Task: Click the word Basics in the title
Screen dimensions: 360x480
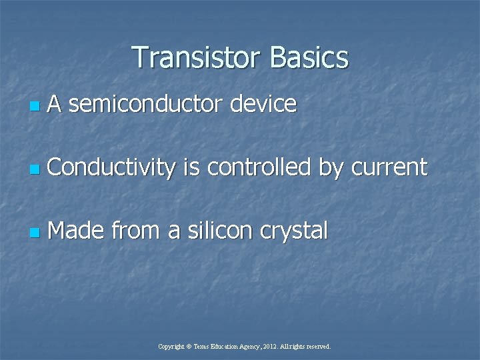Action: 309,57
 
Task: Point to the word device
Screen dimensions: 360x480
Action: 265,104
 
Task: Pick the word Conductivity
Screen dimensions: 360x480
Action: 111,168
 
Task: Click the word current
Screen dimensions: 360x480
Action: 389,168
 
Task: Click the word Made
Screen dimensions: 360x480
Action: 76,231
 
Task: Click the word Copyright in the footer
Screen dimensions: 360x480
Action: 171,347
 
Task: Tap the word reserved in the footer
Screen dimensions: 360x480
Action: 317,347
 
